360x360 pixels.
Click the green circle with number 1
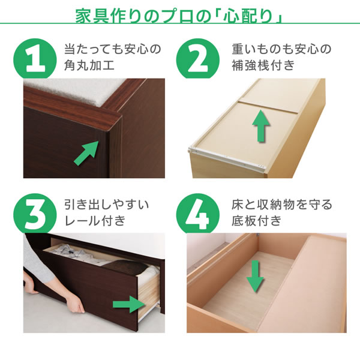[x=35, y=59]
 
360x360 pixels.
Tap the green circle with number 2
[x=197, y=59]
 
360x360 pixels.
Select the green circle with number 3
[x=35, y=214]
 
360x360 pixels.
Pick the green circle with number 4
[x=197, y=214]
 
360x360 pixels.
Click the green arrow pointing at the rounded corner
[x=86, y=153]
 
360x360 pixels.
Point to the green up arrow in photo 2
[x=261, y=126]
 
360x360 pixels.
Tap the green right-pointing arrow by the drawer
[x=130, y=304]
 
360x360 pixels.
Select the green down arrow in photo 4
[x=256, y=277]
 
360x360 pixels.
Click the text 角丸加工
[x=89, y=65]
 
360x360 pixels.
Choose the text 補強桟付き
[x=263, y=65]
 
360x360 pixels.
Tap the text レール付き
[x=95, y=221]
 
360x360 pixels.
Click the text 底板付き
[x=257, y=221]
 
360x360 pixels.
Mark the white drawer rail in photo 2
[x=228, y=158]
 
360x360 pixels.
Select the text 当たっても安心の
[x=113, y=49]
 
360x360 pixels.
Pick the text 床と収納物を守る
[x=282, y=205]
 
